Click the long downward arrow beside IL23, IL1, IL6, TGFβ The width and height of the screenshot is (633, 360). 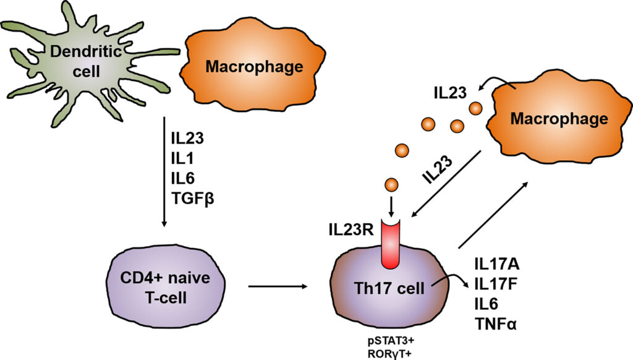click(x=163, y=174)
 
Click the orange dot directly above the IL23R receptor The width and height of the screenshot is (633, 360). click(x=391, y=184)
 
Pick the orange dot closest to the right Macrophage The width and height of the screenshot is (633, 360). click(x=475, y=108)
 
